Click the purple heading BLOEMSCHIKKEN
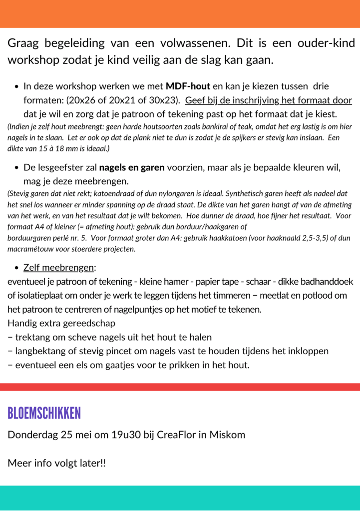pos(44,413)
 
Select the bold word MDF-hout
pos(188,86)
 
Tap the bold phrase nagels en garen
pos(132,167)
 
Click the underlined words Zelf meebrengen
pos(59,267)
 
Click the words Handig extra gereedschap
pos(61,323)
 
